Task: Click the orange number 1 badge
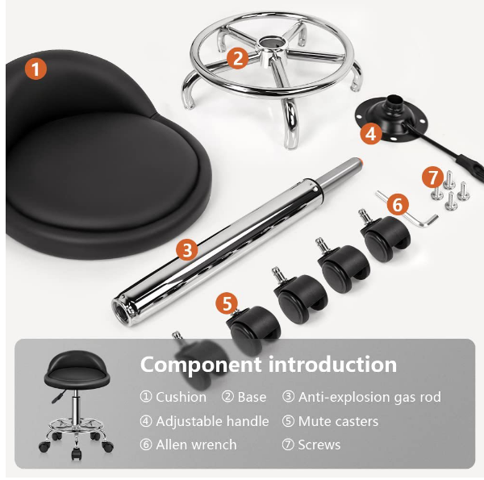[35, 69]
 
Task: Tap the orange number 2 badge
[237, 58]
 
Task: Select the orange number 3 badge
[187, 249]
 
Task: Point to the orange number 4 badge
[371, 133]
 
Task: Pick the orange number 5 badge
[227, 303]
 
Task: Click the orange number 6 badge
[398, 204]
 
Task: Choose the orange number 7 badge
[432, 177]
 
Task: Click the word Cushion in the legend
[181, 397]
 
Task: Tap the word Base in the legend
[252, 397]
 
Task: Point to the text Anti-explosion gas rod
[369, 397]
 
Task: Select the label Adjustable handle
[212, 421]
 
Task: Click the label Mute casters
[338, 421]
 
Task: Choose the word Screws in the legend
[319, 445]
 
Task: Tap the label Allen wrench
[196, 445]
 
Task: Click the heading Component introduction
[269, 365]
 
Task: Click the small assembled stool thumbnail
[76, 404]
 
